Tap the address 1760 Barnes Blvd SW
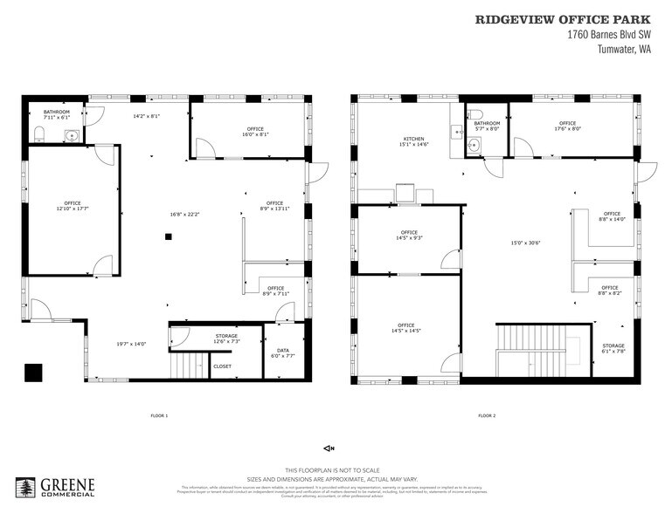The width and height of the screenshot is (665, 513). [x=608, y=34]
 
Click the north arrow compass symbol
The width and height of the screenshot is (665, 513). [x=329, y=448]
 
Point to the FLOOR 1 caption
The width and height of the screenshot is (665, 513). [x=159, y=415]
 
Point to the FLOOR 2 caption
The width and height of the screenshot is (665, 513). [x=487, y=415]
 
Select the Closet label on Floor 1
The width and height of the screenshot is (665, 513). [x=223, y=366]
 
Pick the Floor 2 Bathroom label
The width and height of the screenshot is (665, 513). [x=487, y=126]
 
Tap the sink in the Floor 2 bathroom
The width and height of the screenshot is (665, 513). [x=474, y=145]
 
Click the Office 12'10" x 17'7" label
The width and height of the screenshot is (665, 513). [x=72, y=206]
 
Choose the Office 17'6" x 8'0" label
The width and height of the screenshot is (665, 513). [x=567, y=126]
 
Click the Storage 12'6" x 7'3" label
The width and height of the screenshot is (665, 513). [x=226, y=339]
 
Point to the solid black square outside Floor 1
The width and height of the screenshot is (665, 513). [x=33, y=372]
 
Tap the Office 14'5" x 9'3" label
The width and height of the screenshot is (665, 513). [x=409, y=235]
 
